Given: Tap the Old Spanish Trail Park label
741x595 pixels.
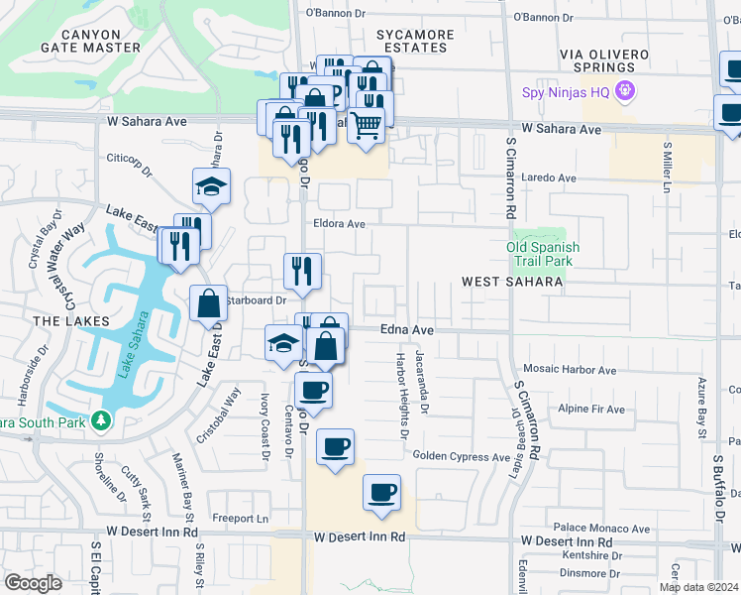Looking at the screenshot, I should pyautogui.click(x=543, y=255).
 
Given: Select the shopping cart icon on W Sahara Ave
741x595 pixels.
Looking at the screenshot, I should pyautogui.click(x=366, y=126).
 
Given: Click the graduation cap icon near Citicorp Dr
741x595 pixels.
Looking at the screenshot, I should pyautogui.click(x=211, y=185).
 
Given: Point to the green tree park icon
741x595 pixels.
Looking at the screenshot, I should pyautogui.click(x=100, y=420).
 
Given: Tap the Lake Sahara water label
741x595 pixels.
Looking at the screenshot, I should pyautogui.click(x=135, y=344).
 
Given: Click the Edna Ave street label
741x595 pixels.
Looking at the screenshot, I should pyautogui.click(x=409, y=330).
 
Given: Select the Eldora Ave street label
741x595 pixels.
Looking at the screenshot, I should pyautogui.click(x=339, y=224).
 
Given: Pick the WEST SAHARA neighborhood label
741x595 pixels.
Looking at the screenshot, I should pyautogui.click(x=512, y=283).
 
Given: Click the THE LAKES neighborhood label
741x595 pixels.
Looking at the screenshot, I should pyautogui.click(x=61, y=321).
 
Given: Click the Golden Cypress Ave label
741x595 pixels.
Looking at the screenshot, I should pyautogui.click(x=461, y=456).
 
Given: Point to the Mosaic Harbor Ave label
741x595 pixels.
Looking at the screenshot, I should pyautogui.click(x=570, y=370).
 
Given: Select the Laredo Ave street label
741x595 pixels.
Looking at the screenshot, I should pyautogui.click(x=553, y=178).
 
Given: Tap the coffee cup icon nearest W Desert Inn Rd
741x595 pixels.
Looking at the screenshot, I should pyautogui.click(x=381, y=492).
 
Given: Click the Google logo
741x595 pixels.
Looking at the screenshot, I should pyautogui.click(x=33, y=583).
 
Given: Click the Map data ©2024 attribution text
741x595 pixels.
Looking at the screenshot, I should pyautogui.click(x=698, y=587).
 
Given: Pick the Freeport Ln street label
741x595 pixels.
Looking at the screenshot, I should pyautogui.click(x=240, y=519).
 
